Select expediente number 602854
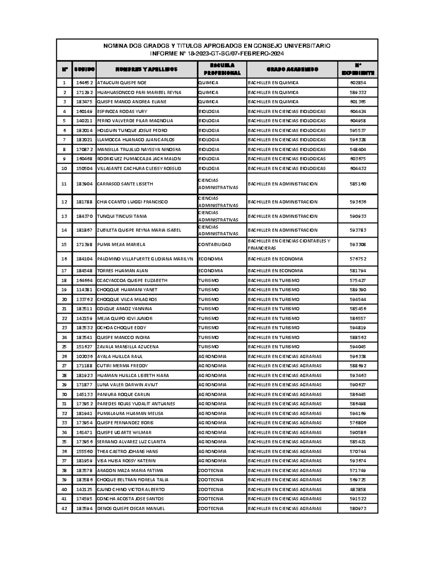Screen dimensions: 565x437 358,83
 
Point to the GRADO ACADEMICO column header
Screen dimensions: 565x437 292,69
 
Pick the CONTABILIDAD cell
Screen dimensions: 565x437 215,244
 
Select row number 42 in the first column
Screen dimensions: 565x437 64,509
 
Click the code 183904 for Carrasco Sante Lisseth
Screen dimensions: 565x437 84,184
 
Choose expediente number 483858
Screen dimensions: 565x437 358,490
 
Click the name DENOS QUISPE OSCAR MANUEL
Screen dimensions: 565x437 131,509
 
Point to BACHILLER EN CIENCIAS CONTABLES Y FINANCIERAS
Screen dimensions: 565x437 289,244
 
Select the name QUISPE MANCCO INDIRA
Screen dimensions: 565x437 123,338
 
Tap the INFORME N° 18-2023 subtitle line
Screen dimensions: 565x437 217,54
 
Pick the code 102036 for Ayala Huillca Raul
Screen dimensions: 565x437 84,357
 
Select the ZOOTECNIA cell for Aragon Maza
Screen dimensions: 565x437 211,470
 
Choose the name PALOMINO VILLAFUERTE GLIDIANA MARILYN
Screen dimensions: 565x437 145,259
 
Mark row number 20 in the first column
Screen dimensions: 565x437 64,299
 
